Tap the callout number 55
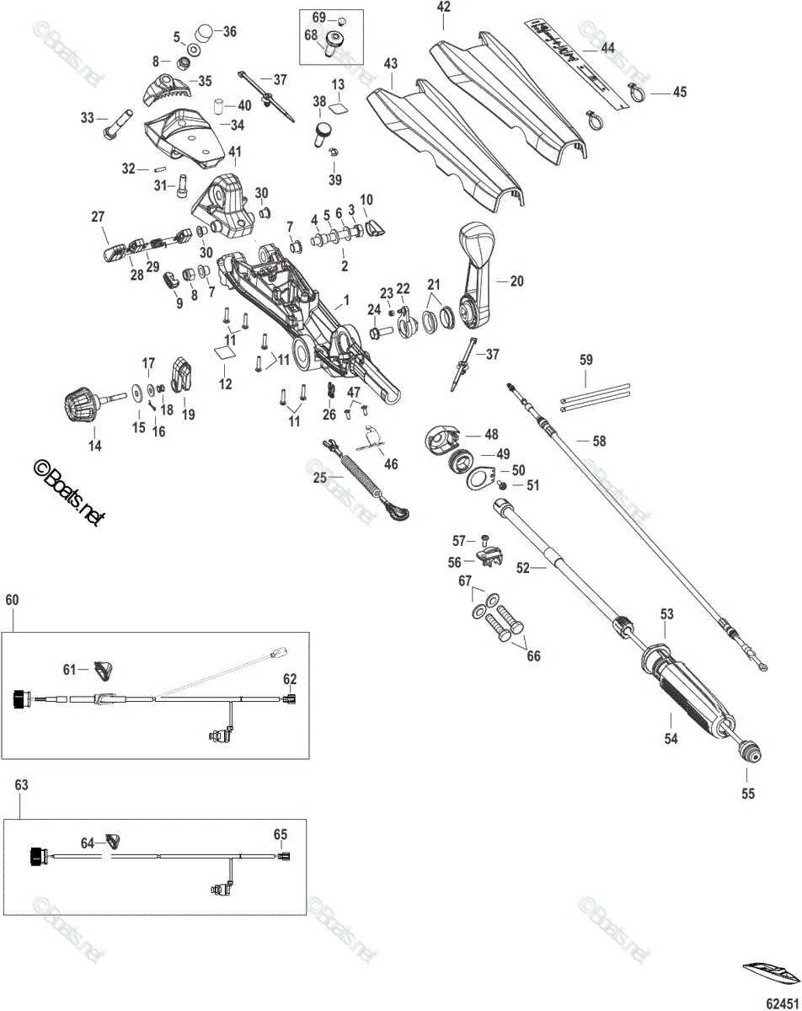[748, 793]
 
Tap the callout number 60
[12, 600]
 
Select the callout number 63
[22, 784]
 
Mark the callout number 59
[587, 359]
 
